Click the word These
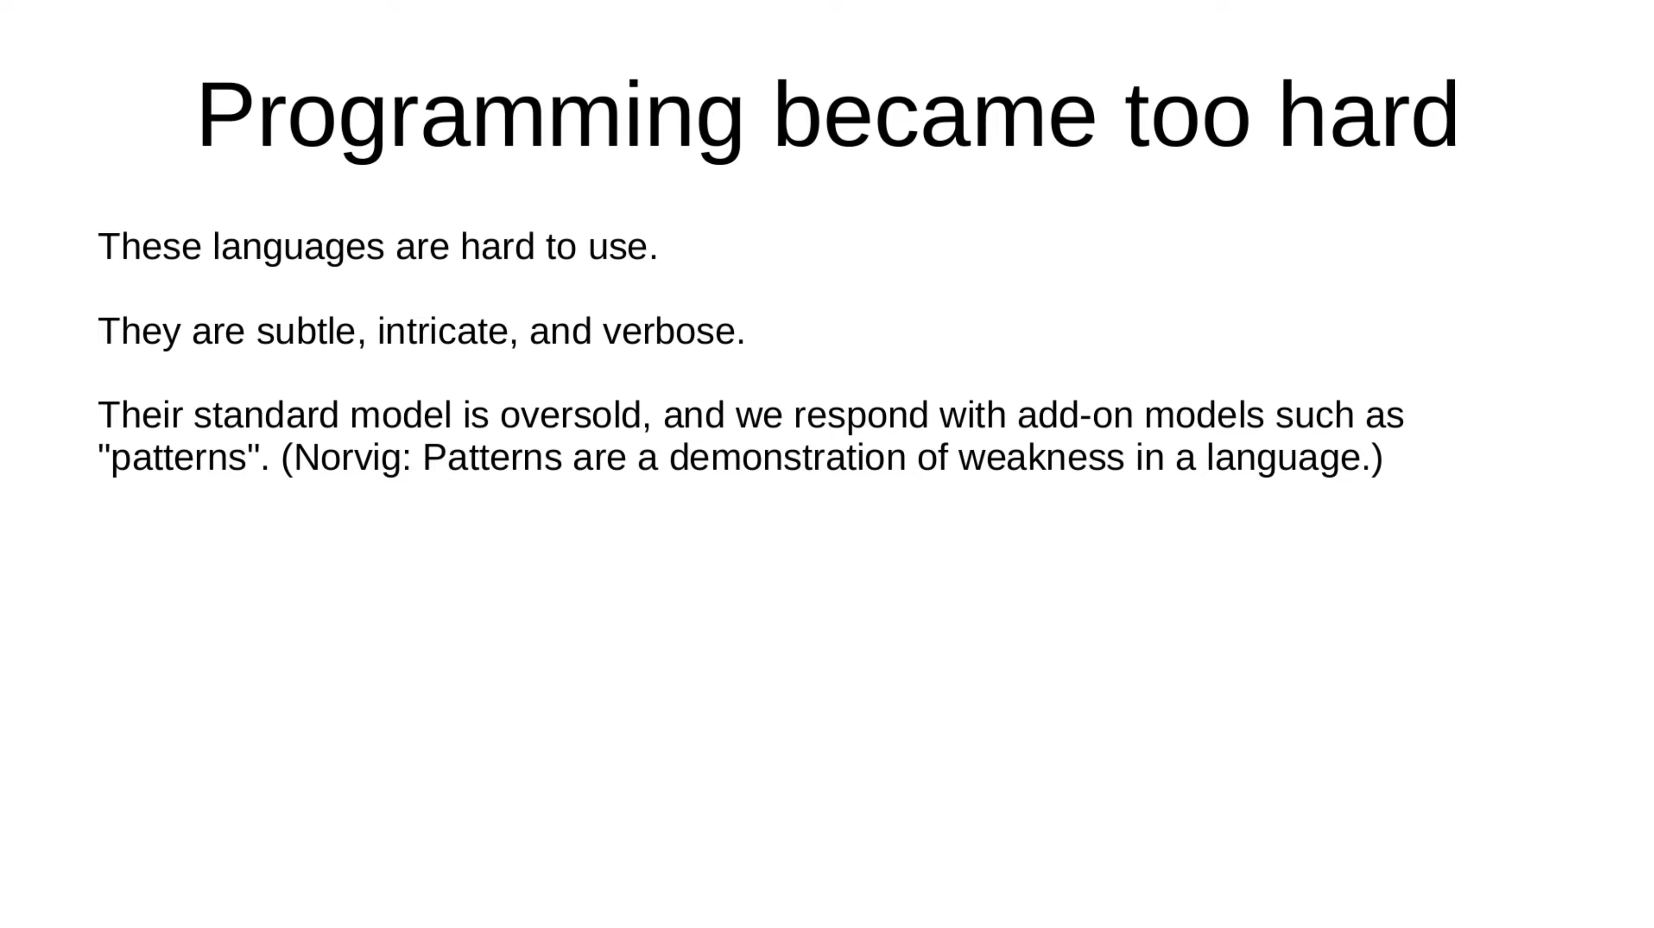click(150, 246)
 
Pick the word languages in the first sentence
click(298, 248)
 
